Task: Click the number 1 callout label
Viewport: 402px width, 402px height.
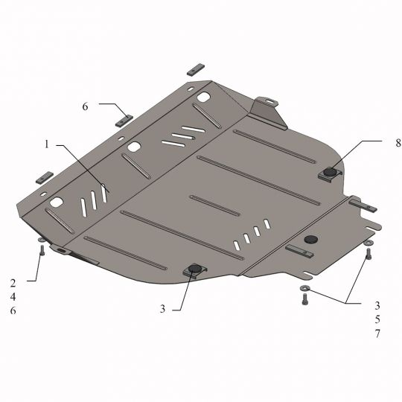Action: [x=46, y=144]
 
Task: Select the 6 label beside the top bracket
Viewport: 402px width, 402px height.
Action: [x=85, y=107]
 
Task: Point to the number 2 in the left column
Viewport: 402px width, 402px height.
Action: [x=13, y=282]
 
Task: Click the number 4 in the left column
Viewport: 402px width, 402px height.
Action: [x=13, y=296]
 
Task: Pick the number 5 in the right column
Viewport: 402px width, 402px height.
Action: [x=377, y=319]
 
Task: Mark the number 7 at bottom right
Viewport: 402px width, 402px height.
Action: [x=377, y=334]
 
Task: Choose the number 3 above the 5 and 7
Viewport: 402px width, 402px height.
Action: [x=377, y=305]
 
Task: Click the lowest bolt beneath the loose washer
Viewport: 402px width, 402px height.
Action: [x=304, y=299]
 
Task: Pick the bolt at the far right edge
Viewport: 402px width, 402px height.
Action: [x=367, y=254]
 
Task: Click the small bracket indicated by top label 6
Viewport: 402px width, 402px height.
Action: [x=124, y=119]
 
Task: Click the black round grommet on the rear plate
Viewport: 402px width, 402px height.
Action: [x=310, y=239]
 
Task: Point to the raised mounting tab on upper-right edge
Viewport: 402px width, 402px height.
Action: [x=264, y=105]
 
